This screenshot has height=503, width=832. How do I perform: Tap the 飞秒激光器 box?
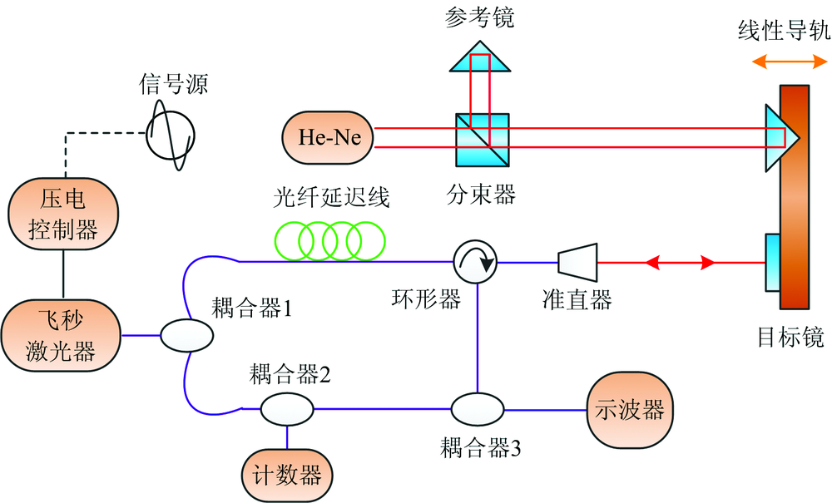coord(63,335)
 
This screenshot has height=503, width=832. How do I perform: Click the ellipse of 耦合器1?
coord(186,336)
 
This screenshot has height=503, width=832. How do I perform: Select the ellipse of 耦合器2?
coord(287,409)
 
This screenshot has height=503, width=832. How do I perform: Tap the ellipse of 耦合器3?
coord(478,409)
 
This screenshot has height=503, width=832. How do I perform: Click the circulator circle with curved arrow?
coord(476,262)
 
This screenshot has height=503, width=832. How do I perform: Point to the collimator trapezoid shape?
coord(577,262)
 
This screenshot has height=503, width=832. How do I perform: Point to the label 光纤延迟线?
coord(331,198)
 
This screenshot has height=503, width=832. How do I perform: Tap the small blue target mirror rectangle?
coord(771,262)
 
